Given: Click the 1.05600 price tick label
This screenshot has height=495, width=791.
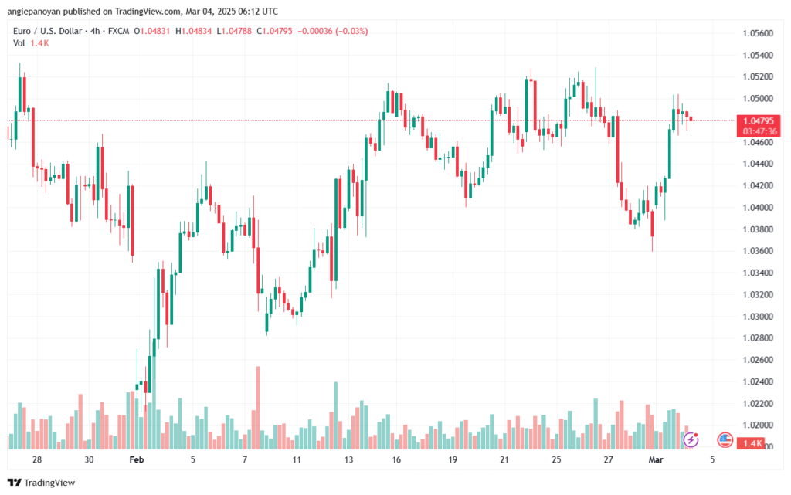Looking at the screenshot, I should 757,33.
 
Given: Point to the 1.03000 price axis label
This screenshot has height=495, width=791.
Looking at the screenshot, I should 757,317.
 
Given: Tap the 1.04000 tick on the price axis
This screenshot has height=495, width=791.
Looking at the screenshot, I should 757,208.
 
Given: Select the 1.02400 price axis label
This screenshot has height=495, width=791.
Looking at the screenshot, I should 757,381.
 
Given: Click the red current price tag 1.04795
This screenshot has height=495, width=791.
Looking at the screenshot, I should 759,120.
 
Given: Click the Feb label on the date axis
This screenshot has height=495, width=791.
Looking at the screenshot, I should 137,459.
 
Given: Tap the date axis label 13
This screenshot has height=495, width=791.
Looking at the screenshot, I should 349,459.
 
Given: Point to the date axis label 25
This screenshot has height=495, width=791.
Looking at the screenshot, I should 557,459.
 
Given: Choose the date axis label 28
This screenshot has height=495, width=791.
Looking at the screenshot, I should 36,459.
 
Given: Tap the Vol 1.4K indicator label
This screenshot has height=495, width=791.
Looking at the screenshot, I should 29,43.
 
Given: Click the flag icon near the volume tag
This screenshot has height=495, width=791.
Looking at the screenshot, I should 725,439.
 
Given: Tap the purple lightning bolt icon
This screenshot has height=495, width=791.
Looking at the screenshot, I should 691,439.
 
